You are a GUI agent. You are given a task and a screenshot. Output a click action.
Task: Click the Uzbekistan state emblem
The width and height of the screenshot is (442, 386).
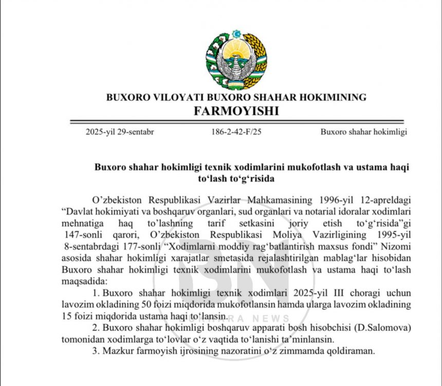point(236,59)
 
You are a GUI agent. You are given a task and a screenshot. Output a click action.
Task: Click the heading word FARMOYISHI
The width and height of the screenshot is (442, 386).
point(236,111)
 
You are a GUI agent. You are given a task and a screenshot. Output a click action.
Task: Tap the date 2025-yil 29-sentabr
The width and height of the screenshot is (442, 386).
point(120,132)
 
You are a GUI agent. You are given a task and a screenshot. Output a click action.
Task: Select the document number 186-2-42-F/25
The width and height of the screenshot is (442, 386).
point(236,132)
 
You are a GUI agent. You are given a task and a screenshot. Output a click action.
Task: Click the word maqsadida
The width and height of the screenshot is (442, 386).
point(83,281)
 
